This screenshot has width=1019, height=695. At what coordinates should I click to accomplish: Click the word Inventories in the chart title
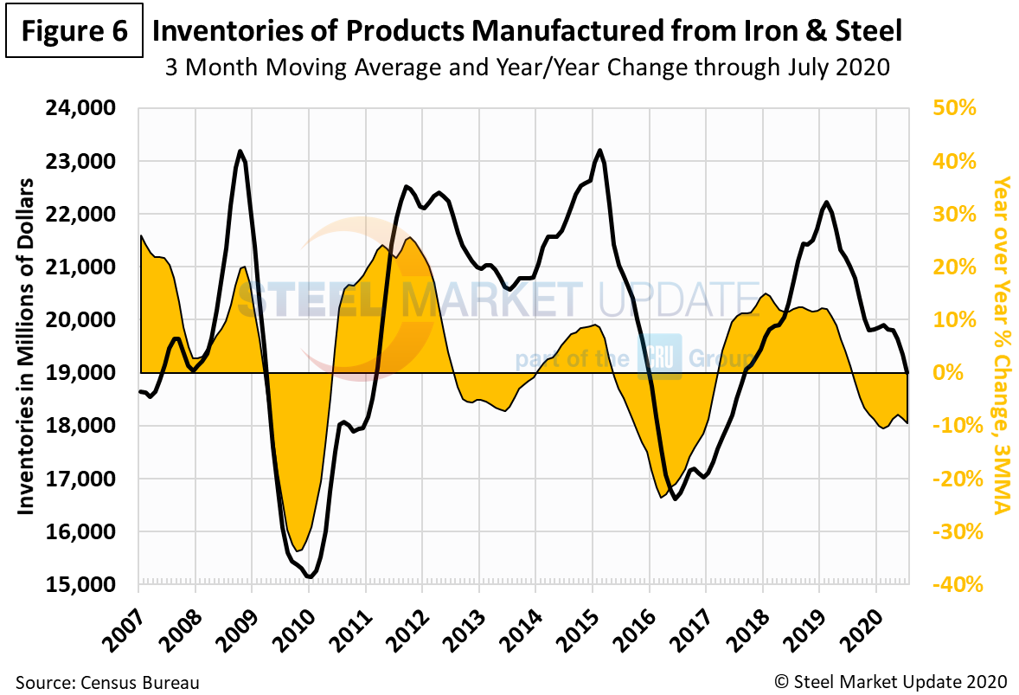pyautogui.click(x=226, y=32)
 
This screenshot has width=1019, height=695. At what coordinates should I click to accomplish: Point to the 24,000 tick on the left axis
pyautogui.click(x=84, y=109)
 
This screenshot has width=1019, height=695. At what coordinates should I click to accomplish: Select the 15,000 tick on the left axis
pyautogui.click(x=84, y=585)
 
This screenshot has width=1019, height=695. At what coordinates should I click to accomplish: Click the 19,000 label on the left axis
pyautogui.click(x=84, y=373)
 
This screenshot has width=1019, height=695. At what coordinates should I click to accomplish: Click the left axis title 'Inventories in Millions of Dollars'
pyautogui.click(x=25, y=346)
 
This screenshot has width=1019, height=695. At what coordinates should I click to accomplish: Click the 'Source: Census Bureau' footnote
pyautogui.click(x=107, y=682)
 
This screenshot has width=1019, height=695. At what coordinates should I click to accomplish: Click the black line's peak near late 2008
pyautogui.click(x=240, y=151)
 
